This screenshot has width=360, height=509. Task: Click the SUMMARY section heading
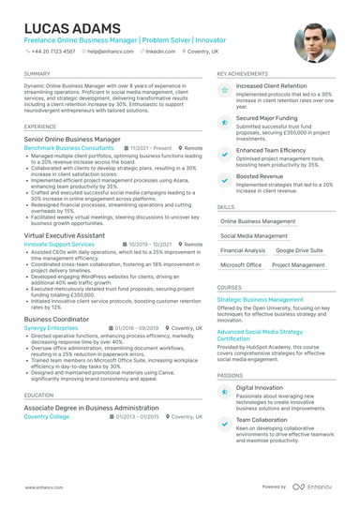tap(37, 73)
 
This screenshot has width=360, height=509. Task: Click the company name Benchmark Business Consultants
tap(68, 148)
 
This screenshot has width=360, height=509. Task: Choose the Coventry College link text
tap(47, 416)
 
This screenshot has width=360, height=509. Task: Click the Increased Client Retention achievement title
tap(271, 85)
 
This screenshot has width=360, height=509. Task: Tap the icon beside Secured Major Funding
tap(224, 122)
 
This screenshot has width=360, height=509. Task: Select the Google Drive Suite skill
tap(299, 250)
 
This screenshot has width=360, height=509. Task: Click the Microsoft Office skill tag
tap(241, 265)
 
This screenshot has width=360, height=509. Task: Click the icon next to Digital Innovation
tap(224, 390)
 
